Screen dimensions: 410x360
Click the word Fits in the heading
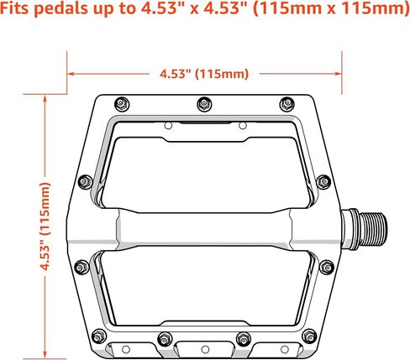(16, 8)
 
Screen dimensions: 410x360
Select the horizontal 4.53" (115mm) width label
(204, 74)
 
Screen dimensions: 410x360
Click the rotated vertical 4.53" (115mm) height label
(45, 226)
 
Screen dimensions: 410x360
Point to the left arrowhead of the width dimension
(71, 74)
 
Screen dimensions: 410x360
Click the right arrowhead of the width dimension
(339, 74)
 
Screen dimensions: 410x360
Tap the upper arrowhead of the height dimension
(45, 98)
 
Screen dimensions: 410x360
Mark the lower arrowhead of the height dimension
(45, 354)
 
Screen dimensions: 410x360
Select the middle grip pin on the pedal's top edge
(204, 104)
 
